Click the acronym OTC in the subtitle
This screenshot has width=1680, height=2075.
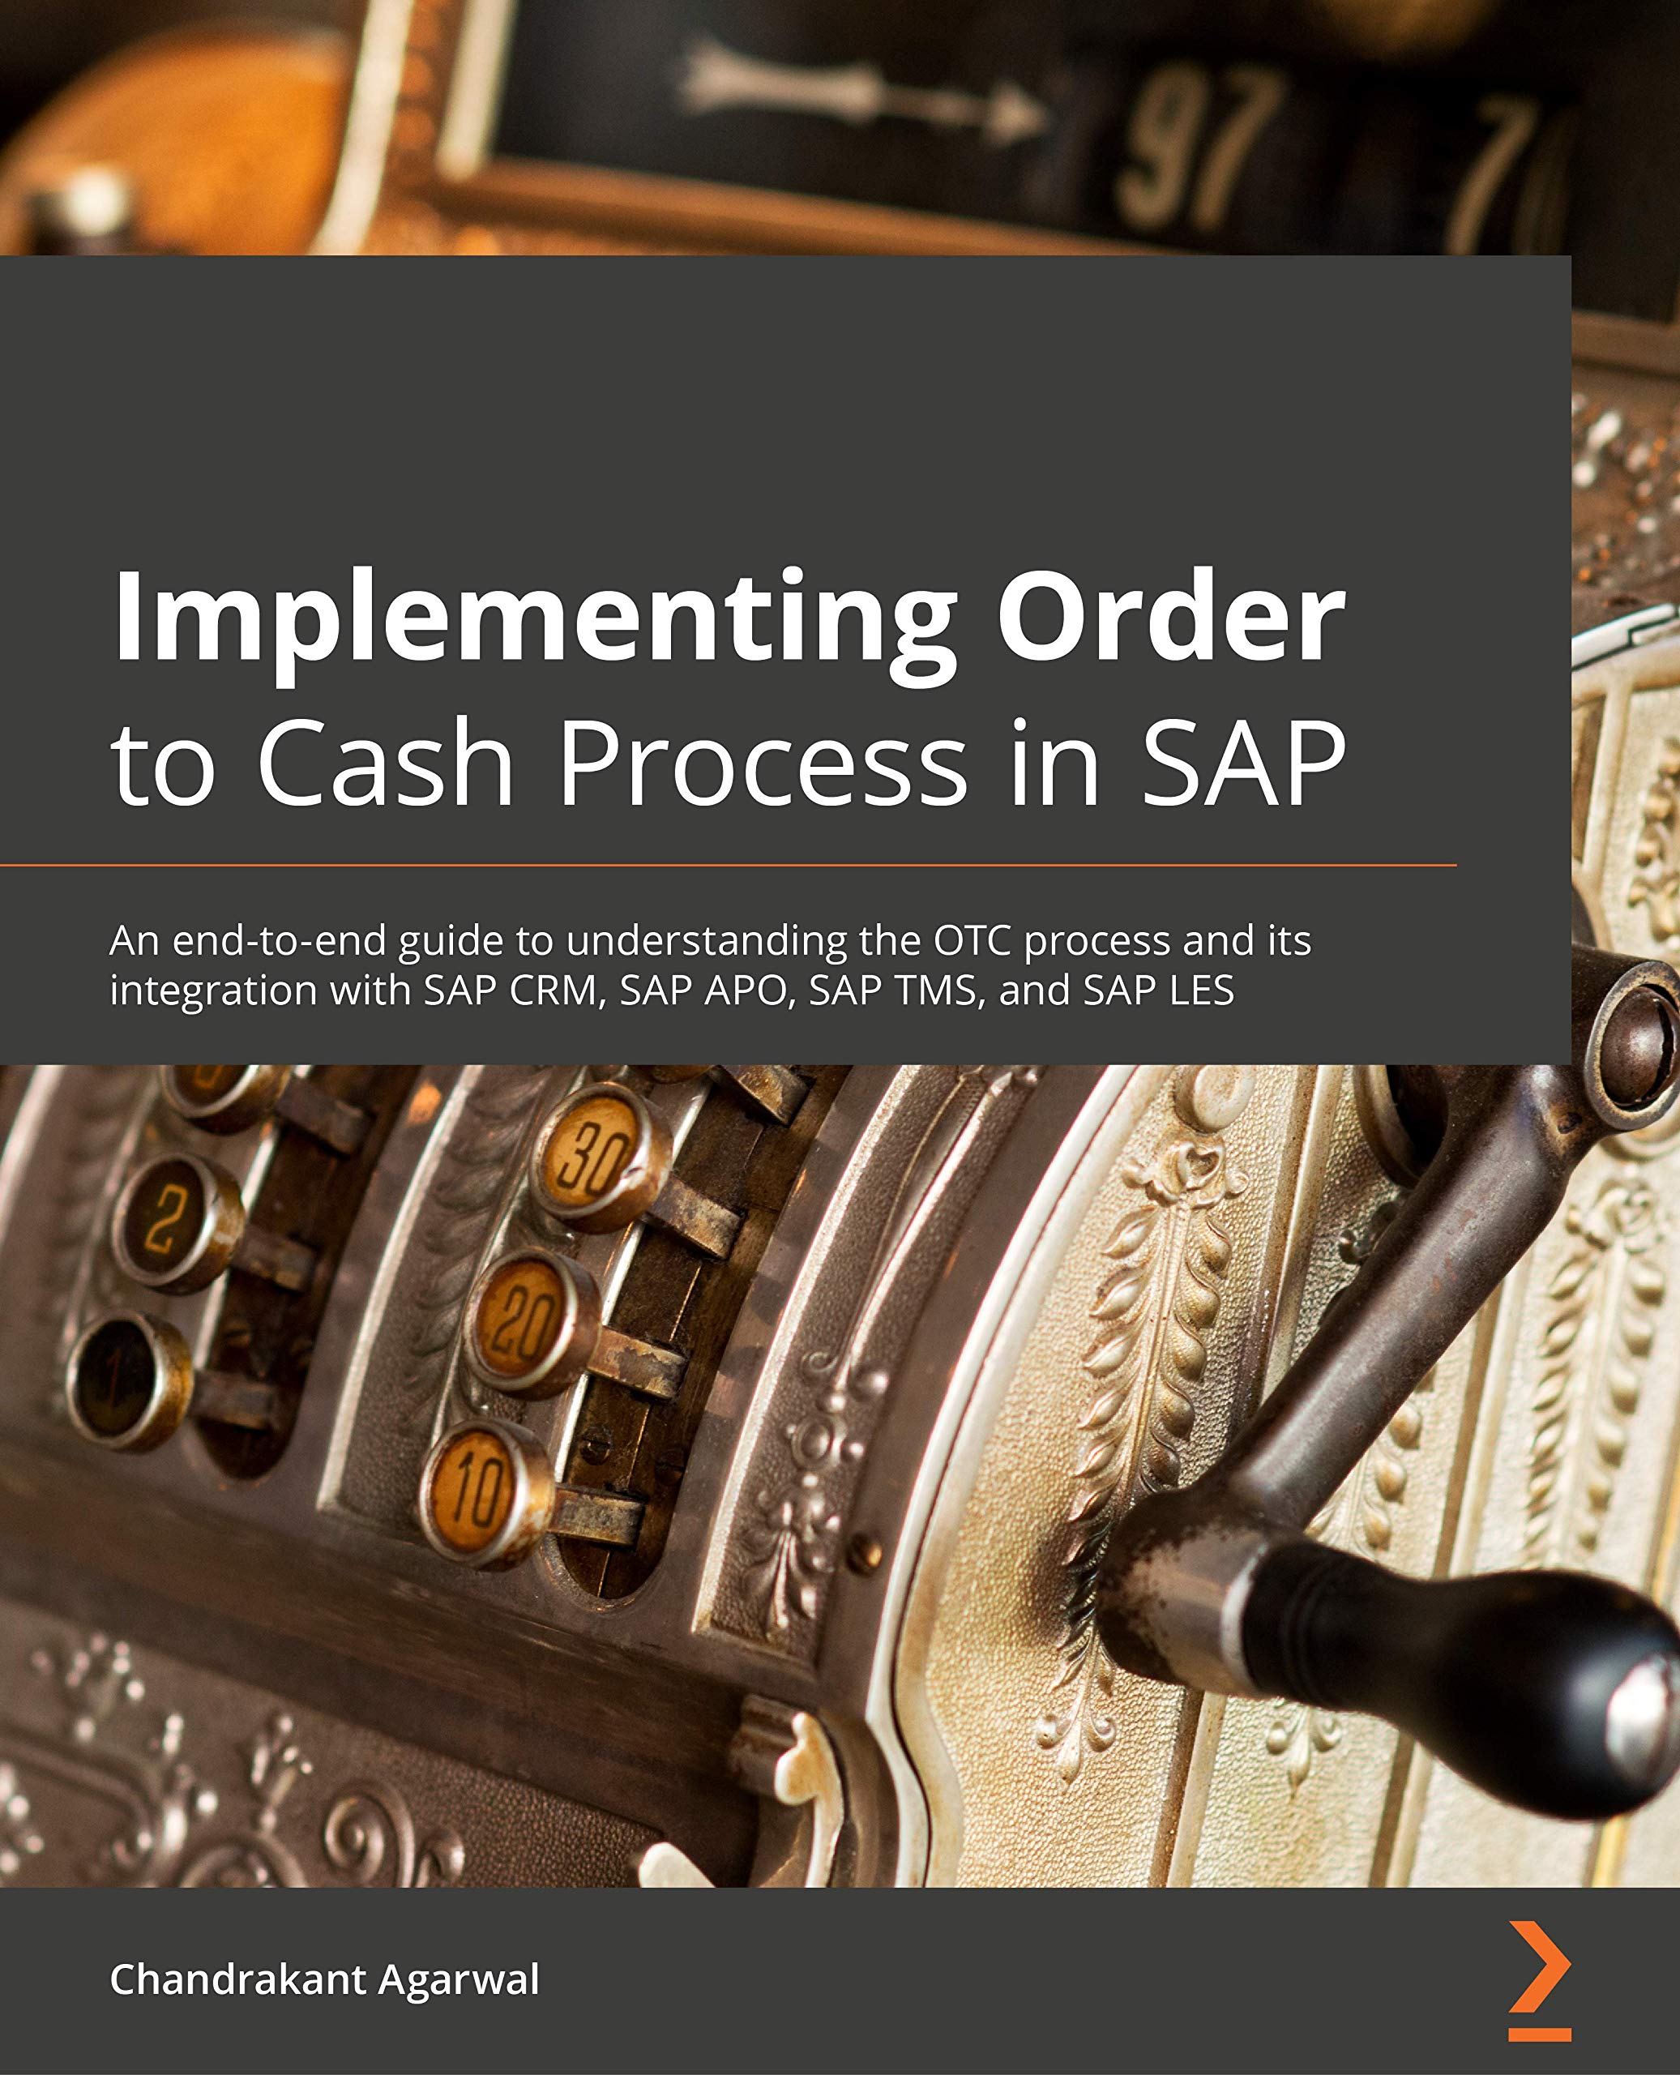tap(973, 941)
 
